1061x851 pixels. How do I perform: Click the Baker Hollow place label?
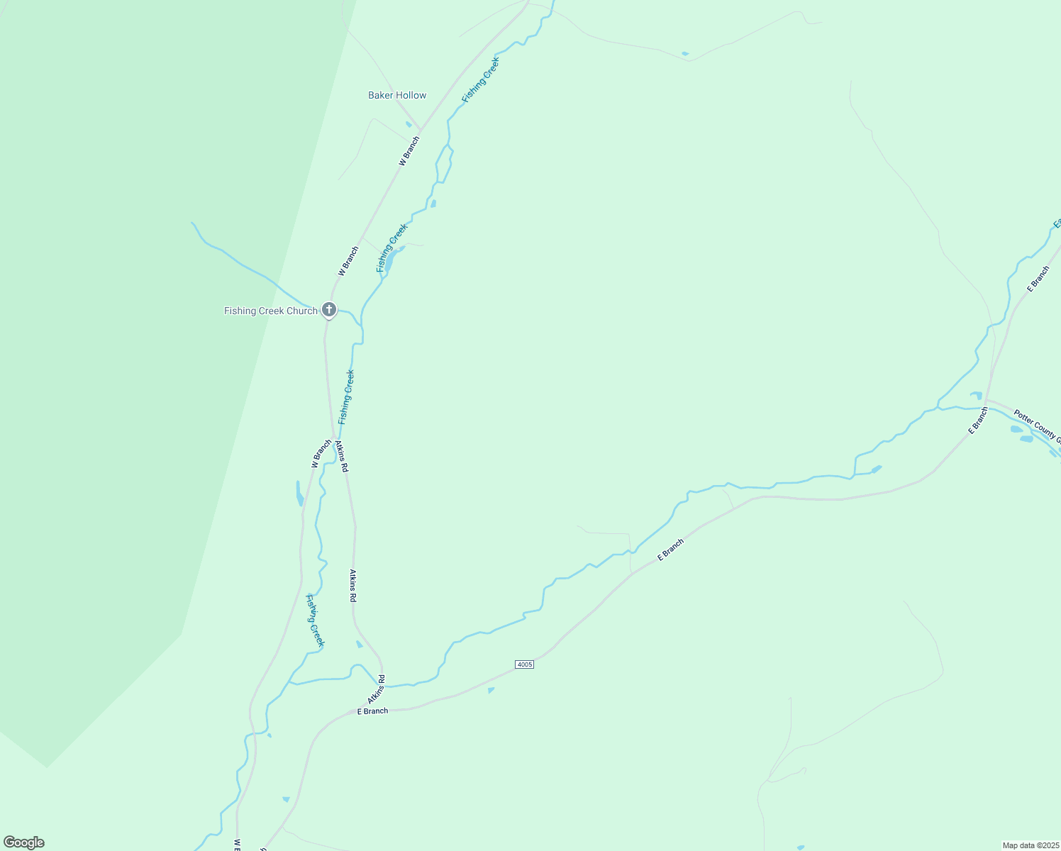tap(397, 95)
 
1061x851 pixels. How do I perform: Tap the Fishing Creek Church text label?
tap(271, 311)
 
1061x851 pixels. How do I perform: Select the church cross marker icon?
tap(329, 310)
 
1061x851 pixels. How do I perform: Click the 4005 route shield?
tap(524, 664)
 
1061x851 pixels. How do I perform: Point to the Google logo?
tap(24, 842)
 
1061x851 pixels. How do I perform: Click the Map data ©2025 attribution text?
tap(1031, 845)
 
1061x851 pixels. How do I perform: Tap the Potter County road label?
tap(1036, 425)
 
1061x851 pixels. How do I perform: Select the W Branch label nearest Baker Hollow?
tap(409, 151)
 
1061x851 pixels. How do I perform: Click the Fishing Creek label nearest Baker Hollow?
tap(481, 79)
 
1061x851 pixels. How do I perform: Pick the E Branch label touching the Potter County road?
tap(979, 420)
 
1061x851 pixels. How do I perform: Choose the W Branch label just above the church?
tap(348, 261)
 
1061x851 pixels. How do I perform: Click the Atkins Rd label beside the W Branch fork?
tap(342, 456)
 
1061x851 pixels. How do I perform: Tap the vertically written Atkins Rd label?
tap(352, 585)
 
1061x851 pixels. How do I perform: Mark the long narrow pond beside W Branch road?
tap(299, 493)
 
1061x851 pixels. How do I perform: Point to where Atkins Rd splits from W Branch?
tap(333, 436)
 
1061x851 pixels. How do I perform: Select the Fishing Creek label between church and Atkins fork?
tap(346, 397)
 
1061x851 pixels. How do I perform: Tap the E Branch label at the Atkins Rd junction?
tap(372, 711)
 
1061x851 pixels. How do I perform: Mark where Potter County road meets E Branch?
tap(987, 400)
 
